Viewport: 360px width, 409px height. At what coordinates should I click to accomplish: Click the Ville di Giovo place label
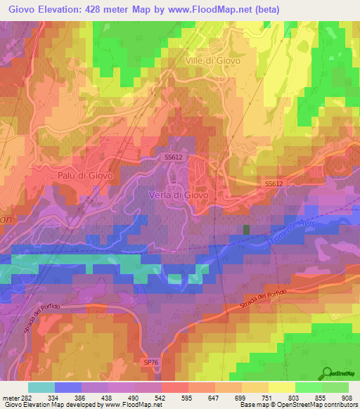(212, 60)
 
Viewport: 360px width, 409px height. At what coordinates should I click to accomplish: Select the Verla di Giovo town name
(177, 195)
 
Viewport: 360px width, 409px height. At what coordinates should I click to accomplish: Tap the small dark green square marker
(246, 229)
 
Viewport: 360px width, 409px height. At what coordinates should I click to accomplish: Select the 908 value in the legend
(347, 397)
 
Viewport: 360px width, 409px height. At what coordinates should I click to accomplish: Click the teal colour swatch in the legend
(41, 387)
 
